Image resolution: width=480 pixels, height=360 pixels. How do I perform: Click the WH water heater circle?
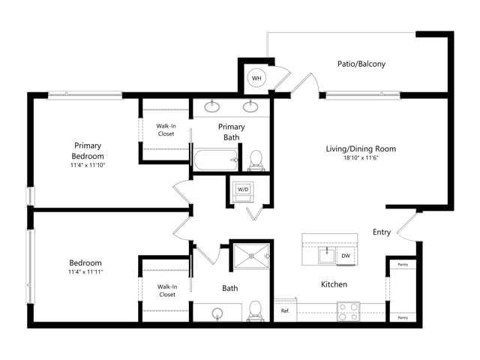256,78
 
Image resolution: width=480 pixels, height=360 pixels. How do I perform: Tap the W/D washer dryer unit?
243,192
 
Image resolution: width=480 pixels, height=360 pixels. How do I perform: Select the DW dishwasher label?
346,256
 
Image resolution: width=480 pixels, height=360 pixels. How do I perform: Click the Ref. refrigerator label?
285,311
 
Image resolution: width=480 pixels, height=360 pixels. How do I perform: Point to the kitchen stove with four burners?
348,311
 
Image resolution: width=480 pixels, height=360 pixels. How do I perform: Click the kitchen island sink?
327,256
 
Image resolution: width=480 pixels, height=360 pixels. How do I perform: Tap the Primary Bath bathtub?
215,160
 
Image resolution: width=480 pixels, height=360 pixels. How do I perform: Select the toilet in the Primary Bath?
256,160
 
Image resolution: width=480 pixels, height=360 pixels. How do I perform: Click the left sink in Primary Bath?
211,106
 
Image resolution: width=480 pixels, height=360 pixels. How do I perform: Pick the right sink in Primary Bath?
250,106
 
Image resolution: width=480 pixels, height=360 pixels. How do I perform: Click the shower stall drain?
251,256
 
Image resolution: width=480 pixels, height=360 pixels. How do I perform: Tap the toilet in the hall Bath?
255,310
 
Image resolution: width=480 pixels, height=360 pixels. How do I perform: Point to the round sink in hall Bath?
217,313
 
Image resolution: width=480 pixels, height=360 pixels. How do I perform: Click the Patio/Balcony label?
361,64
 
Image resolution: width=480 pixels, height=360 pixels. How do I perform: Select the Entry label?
382,232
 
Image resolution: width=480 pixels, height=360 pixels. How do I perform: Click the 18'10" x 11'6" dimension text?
361,158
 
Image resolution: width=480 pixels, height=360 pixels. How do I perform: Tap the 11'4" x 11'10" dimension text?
88,165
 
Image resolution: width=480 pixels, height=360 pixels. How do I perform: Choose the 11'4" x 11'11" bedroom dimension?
85,271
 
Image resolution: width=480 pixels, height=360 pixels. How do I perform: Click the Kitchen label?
334,284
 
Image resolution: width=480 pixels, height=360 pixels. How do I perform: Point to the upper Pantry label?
403,265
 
